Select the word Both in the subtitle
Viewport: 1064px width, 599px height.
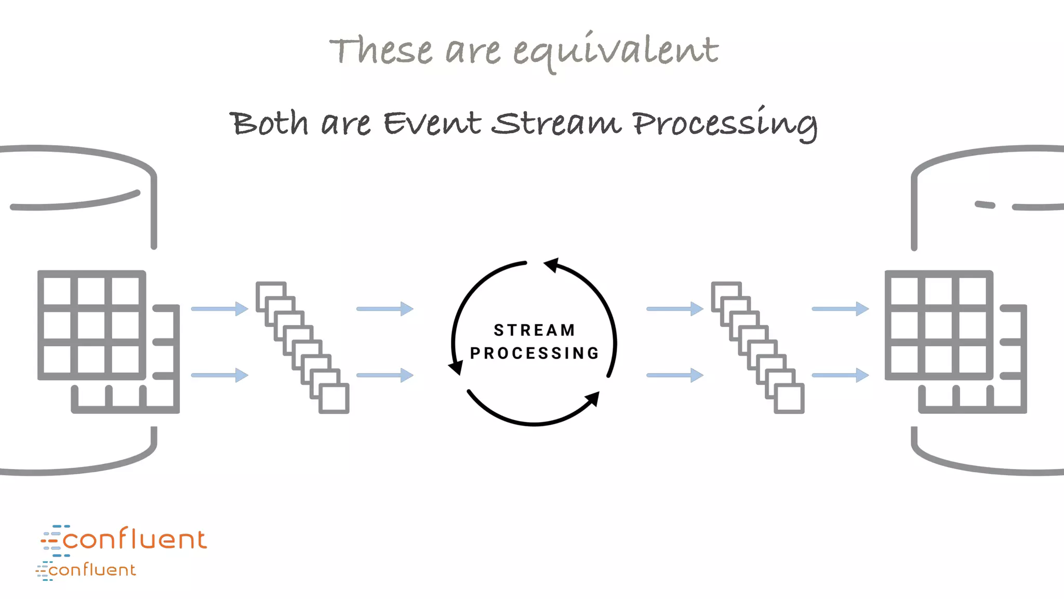[269, 123]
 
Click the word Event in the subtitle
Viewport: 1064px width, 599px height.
[432, 123]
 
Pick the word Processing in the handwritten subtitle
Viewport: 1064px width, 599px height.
[725, 124]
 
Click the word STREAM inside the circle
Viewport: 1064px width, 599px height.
[535, 330]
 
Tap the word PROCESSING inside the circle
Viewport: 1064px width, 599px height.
[535, 353]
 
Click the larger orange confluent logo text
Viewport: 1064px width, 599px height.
[134, 539]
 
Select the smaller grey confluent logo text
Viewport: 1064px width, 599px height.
[92, 570]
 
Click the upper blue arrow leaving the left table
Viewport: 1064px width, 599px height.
[220, 309]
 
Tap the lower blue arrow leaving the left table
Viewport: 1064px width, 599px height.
[220, 375]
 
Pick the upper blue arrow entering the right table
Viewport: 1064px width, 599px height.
[840, 309]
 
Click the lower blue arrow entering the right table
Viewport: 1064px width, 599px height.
[840, 375]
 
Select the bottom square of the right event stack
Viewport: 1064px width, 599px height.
[789, 399]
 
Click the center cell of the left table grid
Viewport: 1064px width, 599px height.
[91, 325]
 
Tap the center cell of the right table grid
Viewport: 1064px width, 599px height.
[939, 325]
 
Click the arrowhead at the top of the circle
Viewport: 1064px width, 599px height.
[552, 265]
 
